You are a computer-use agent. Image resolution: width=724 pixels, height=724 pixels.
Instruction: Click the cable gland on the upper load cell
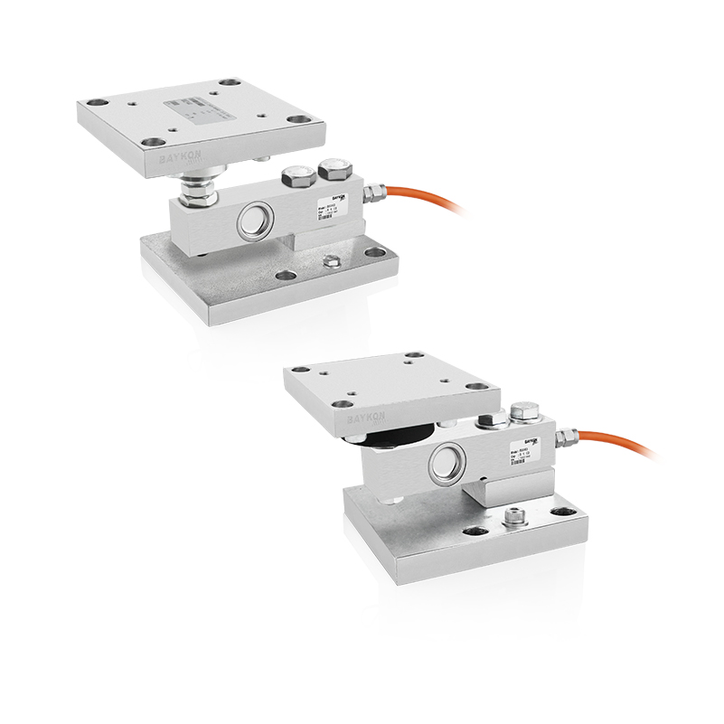point(372,192)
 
